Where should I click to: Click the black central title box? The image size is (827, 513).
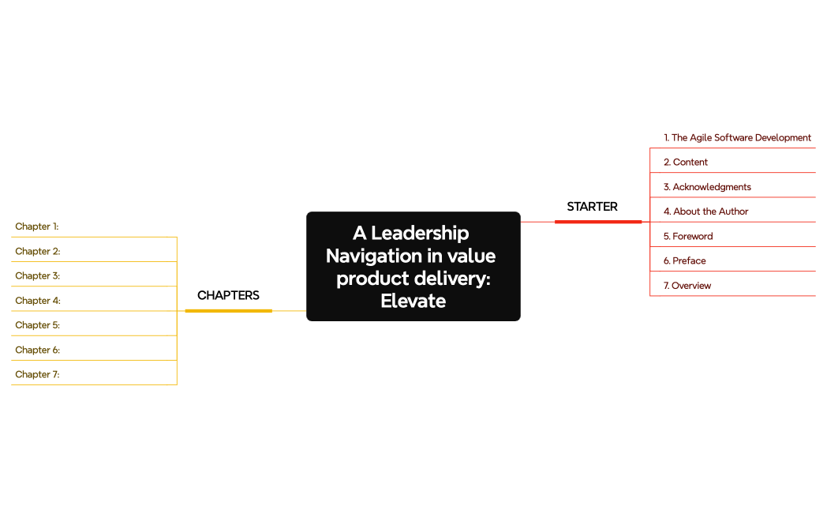pyautogui.click(x=413, y=266)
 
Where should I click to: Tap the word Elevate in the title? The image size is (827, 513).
pyautogui.click(x=413, y=301)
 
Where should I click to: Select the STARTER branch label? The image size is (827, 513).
pyautogui.click(x=592, y=207)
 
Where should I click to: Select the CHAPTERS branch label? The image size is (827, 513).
pyautogui.click(x=228, y=295)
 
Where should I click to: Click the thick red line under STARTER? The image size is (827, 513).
pyautogui.click(x=598, y=222)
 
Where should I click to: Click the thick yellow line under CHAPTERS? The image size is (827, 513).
pyautogui.click(x=228, y=311)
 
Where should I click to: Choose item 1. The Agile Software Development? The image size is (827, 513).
pyautogui.click(x=737, y=137)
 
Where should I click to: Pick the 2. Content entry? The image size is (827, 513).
pyautogui.click(x=685, y=162)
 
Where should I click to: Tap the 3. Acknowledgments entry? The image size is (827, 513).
pyautogui.click(x=707, y=187)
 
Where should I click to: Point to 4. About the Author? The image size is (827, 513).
pyautogui.click(x=705, y=212)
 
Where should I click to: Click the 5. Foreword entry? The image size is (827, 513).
pyautogui.click(x=687, y=236)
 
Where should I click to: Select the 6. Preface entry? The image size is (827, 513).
pyautogui.click(x=684, y=260)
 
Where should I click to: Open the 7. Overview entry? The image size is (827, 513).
pyautogui.click(x=687, y=286)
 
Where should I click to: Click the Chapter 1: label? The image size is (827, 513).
pyautogui.click(x=37, y=227)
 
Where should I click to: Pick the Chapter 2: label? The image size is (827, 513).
pyautogui.click(x=38, y=251)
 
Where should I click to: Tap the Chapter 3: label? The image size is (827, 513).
pyautogui.click(x=38, y=275)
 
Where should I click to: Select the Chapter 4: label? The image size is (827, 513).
pyautogui.click(x=38, y=301)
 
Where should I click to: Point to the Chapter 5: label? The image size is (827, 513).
pyautogui.click(x=38, y=325)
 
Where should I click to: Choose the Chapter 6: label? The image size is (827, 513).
pyautogui.click(x=38, y=350)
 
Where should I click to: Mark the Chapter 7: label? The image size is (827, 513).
pyautogui.click(x=37, y=374)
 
